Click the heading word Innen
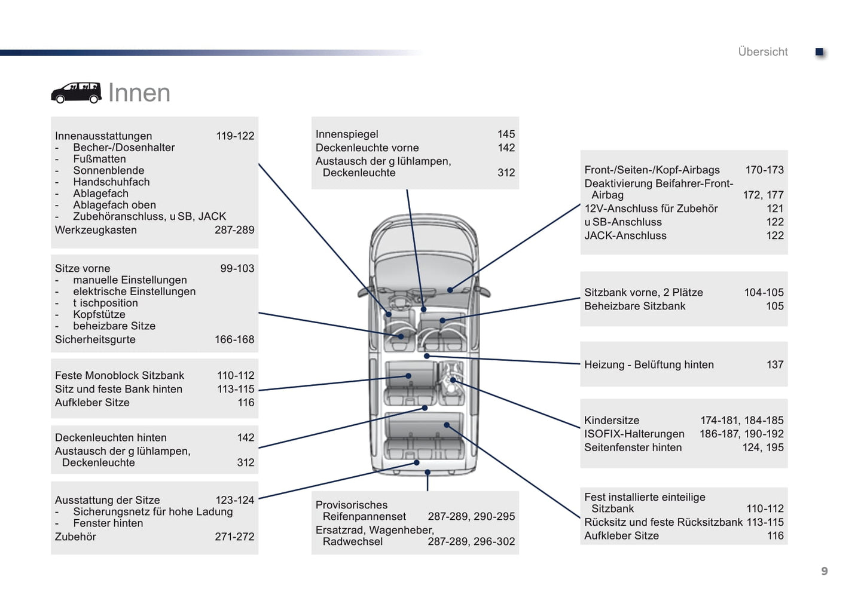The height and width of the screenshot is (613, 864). (139, 93)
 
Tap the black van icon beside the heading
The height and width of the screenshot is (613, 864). (76, 93)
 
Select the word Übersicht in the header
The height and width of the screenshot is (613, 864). (762, 52)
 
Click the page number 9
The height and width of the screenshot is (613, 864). (824, 571)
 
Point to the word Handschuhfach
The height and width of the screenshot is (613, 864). (111, 182)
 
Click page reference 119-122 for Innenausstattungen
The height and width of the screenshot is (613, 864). (235, 136)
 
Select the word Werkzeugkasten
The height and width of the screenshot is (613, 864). (96, 230)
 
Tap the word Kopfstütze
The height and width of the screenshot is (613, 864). (99, 315)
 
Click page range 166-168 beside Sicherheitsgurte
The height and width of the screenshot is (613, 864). (234, 339)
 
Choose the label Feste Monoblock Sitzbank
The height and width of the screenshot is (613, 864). (120, 376)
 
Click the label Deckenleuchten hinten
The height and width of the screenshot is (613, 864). (111, 438)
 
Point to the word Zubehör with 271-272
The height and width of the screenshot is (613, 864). (75, 537)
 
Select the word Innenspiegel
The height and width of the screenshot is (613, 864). (347, 134)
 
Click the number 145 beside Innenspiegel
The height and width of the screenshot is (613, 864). (506, 134)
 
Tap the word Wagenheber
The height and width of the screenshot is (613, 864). (401, 530)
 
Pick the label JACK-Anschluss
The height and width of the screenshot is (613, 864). (625, 236)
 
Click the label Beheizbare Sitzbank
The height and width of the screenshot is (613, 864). (634, 306)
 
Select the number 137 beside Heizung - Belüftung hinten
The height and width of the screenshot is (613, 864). (775, 364)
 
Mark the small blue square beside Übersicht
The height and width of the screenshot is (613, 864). (820, 52)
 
